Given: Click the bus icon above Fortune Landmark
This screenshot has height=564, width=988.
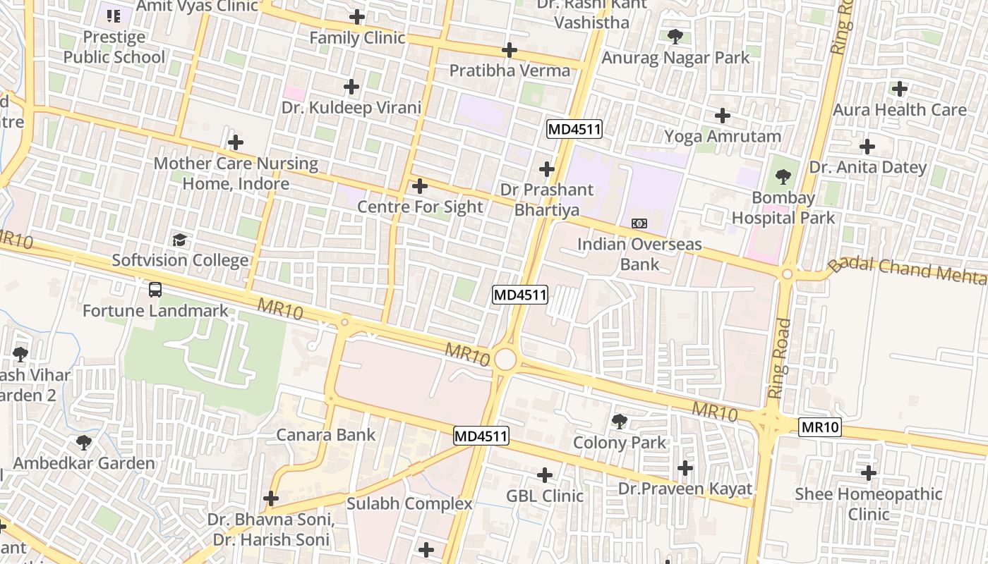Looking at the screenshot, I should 155,289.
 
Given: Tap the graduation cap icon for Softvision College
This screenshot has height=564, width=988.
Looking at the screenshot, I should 180,240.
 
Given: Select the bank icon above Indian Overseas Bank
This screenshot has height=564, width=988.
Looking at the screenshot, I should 639,223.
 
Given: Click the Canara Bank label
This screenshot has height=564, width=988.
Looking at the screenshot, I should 325,434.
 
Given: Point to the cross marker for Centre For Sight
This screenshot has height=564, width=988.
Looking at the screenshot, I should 420,186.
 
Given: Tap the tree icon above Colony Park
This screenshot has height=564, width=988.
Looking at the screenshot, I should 620,422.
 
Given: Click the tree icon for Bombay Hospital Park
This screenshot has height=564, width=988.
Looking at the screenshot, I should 783,177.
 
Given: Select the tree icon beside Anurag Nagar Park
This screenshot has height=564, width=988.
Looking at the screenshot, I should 675,36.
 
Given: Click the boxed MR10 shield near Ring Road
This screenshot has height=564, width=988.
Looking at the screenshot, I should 820,427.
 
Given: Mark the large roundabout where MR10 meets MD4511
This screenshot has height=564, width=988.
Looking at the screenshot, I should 505,359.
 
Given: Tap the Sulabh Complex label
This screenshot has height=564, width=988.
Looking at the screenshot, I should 409,503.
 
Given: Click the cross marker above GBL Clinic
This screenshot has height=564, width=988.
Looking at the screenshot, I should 545,475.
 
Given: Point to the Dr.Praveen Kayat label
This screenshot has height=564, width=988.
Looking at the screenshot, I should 685,489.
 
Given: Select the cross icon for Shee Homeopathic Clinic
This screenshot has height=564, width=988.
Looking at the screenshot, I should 869,473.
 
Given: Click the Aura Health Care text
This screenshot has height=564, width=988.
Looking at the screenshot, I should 899,110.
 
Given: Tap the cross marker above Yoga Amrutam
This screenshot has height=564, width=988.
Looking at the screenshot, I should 723,116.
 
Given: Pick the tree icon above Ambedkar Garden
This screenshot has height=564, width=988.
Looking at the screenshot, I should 84,443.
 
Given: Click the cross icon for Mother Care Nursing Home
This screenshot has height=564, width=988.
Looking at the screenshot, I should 236,142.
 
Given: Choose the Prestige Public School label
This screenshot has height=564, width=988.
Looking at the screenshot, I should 114,47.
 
